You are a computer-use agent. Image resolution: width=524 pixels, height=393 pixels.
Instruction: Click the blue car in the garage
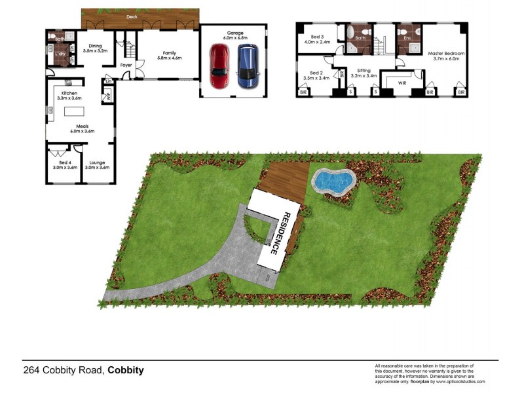click(x=246, y=66)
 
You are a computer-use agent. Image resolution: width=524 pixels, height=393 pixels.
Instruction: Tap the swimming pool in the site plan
click(x=332, y=181)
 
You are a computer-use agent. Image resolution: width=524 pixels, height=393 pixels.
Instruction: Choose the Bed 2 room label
click(x=316, y=75)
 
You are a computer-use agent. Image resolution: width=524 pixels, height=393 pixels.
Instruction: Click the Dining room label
click(x=96, y=48)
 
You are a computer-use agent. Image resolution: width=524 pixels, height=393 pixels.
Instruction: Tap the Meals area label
click(x=83, y=128)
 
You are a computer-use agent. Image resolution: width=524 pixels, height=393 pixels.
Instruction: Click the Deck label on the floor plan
click(x=132, y=14)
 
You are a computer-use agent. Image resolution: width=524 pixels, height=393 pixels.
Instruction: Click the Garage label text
click(x=234, y=33)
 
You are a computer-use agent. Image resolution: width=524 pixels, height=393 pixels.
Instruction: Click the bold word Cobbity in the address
click(x=125, y=370)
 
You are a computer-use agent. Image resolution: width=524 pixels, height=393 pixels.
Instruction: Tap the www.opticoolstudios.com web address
click(x=458, y=381)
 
